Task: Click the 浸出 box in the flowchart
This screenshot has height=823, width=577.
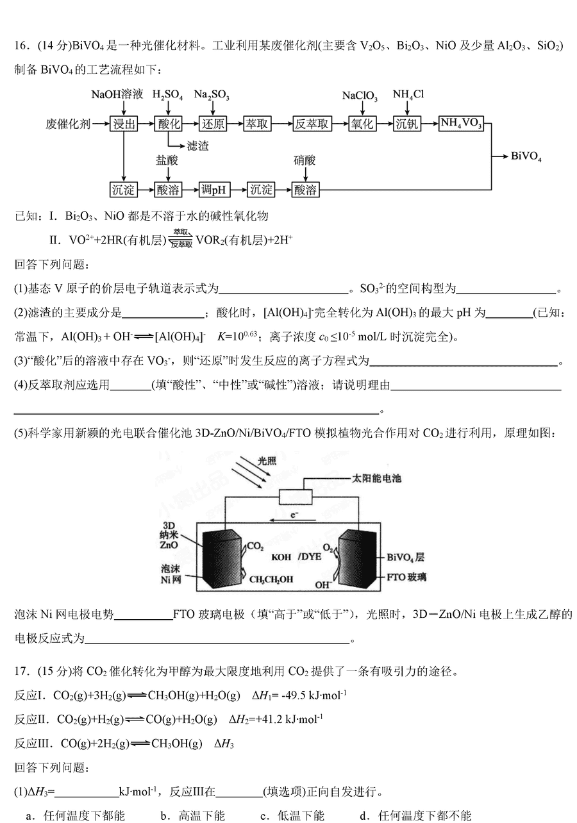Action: pyautogui.click(x=124, y=124)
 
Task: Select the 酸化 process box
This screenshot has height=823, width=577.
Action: pyautogui.click(x=169, y=124)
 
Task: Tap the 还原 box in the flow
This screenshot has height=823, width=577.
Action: pyautogui.click(x=213, y=124)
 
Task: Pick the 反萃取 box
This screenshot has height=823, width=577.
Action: pyautogui.click(x=312, y=124)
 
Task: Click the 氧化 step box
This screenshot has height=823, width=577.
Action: pyautogui.click(x=362, y=124)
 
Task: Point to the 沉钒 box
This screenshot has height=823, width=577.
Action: pyautogui.click(x=407, y=124)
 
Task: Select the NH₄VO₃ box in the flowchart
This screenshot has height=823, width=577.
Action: pyautogui.click(x=461, y=123)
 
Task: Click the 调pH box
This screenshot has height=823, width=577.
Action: pyautogui.click(x=214, y=190)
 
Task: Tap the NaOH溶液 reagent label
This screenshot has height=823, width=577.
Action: pyautogui.click(x=117, y=95)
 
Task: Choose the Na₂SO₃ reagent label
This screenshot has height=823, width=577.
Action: pyautogui.click(x=212, y=95)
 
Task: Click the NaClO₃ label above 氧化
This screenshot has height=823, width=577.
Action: pyautogui.click(x=360, y=96)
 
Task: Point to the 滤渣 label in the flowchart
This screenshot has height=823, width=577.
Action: pyautogui.click(x=197, y=146)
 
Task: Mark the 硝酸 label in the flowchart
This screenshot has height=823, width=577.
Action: pyautogui.click(x=305, y=160)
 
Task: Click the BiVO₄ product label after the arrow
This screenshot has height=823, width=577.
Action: pyautogui.click(x=526, y=156)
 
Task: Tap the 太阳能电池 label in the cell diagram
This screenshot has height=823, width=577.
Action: pyautogui.click(x=377, y=478)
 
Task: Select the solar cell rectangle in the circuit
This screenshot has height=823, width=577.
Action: pyautogui.click(x=296, y=497)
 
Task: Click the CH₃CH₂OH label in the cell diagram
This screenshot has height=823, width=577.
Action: pyautogui.click(x=271, y=579)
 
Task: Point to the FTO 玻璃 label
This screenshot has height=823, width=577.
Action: pyautogui.click(x=406, y=578)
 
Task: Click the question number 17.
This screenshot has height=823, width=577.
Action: pyautogui.click(x=21, y=671)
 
